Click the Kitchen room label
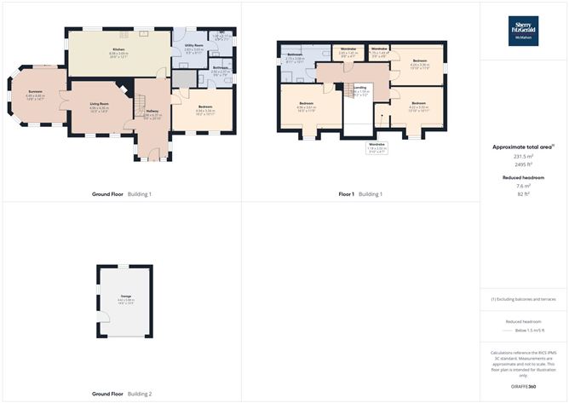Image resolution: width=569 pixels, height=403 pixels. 118,49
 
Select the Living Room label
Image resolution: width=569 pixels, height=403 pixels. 100,103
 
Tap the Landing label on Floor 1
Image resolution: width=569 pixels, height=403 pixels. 360,88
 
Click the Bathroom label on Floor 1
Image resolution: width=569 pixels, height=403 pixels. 296,55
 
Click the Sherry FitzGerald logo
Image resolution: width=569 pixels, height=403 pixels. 523,31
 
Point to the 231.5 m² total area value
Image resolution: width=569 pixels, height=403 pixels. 523,156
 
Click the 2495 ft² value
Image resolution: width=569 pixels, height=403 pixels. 523,164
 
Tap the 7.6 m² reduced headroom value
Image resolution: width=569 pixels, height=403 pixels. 523,186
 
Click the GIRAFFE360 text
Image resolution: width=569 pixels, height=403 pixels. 523,386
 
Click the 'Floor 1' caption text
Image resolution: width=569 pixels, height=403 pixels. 346,194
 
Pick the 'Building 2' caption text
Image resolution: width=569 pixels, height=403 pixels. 140,394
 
